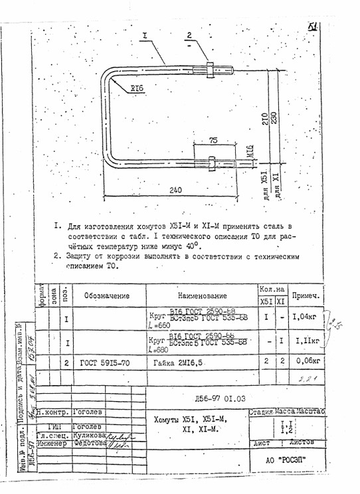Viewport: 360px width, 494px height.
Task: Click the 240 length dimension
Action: point(175,190)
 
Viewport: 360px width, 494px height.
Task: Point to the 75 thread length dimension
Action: point(213,141)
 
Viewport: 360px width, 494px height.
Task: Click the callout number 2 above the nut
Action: point(189,36)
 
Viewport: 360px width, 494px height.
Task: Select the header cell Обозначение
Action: point(106,295)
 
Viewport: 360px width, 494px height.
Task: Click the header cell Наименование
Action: point(203,295)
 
